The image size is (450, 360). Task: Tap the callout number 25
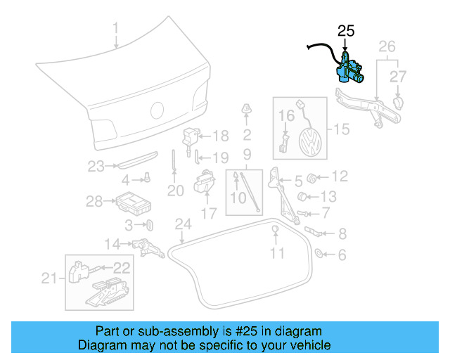(x=347, y=30)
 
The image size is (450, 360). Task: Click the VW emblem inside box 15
(x=309, y=143)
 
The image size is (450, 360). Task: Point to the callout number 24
(x=183, y=224)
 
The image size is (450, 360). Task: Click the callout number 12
(x=340, y=176)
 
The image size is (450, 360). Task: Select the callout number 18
(x=220, y=136)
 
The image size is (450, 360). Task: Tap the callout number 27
(x=399, y=76)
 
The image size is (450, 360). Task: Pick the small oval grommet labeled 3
(x=150, y=225)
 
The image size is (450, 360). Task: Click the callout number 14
(x=113, y=244)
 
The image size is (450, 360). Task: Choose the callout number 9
(x=247, y=154)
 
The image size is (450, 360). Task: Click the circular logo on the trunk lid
(x=157, y=110)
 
